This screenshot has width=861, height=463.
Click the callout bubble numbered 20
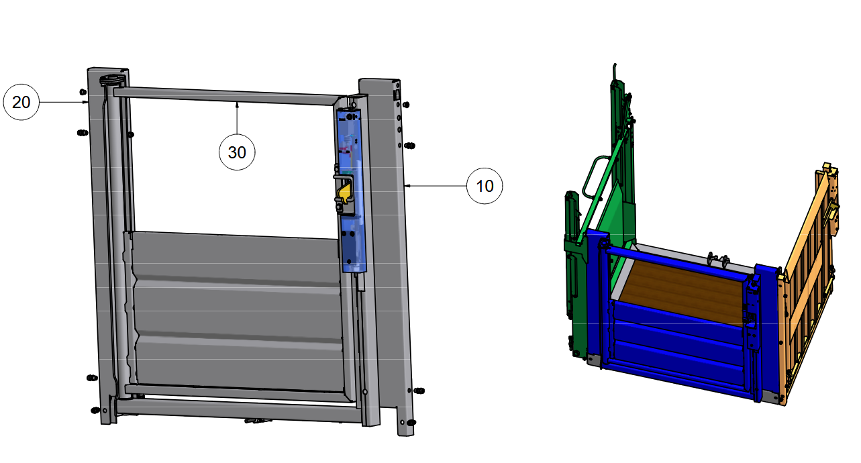(x=21, y=102)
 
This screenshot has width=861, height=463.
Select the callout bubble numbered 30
(x=237, y=152)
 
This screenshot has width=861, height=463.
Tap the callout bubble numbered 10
(x=485, y=186)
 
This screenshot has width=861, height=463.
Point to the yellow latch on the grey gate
(x=343, y=194)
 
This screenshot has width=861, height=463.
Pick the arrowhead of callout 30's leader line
(x=237, y=104)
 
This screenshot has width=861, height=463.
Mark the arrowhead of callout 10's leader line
(x=407, y=186)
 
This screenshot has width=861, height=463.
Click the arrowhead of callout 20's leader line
(x=85, y=102)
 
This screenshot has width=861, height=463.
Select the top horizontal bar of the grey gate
(x=227, y=96)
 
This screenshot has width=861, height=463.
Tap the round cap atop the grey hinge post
(x=112, y=80)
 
